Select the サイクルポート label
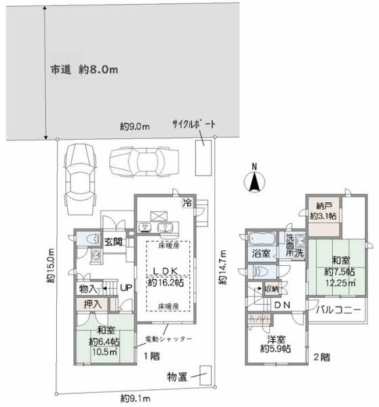[193, 125]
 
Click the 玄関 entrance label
[113, 241]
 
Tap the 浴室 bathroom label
[261, 254]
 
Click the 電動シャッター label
[168, 338]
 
